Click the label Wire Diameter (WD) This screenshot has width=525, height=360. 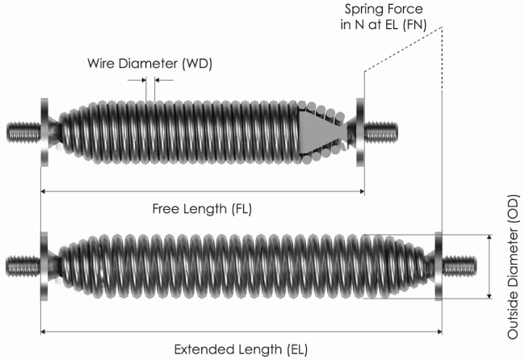point(149,64)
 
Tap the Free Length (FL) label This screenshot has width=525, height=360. point(202,209)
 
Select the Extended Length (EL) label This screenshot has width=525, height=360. point(241,350)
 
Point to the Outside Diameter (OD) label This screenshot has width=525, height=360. point(513,267)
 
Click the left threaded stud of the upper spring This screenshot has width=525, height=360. point(23,132)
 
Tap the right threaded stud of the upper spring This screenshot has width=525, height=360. point(381,132)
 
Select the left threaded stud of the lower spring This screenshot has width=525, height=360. point(23,266)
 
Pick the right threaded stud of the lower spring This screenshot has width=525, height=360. point(459,266)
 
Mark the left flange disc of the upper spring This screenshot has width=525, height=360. point(44,132)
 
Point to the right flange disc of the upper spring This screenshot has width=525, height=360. point(360,132)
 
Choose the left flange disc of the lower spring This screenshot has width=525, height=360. point(44,266)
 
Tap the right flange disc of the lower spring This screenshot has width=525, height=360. point(439,266)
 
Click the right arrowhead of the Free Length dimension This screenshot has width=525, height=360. point(362,191)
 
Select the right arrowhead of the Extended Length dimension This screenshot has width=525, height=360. point(439,332)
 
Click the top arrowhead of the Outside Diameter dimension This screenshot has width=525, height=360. point(489,237)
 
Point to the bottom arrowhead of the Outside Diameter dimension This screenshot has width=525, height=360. point(489,295)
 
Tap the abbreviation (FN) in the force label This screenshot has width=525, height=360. point(415,25)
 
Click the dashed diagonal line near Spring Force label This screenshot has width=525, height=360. point(404,49)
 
